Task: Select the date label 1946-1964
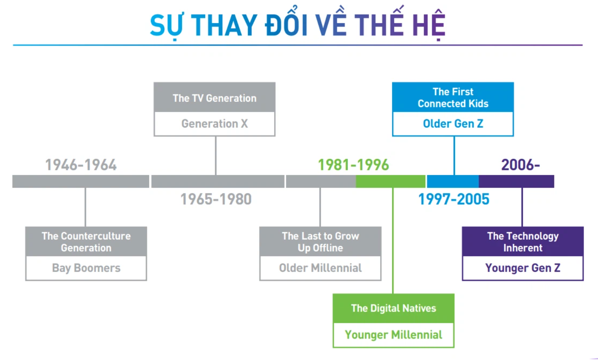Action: point(81,165)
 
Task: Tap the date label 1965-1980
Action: point(216,199)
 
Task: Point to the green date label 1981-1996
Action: point(353,165)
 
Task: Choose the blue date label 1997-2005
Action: point(454,199)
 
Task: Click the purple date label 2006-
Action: point(521,165)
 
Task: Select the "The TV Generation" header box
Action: point(214,97)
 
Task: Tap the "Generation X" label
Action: point(214,123)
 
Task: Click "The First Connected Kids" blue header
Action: point(453,97)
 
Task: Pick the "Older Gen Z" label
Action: point(453,123)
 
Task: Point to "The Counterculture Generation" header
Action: point(86,241)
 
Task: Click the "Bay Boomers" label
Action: point(86,268)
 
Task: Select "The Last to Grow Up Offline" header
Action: point(320,241)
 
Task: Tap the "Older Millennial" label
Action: point(320,268)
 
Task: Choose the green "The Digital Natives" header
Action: point(393,308)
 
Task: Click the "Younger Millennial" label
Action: point(393,335)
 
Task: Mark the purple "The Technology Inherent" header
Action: point(523,241)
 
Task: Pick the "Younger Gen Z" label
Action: point(523,268)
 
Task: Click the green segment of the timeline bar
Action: point(391,181)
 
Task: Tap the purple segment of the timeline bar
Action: point(516,181)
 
